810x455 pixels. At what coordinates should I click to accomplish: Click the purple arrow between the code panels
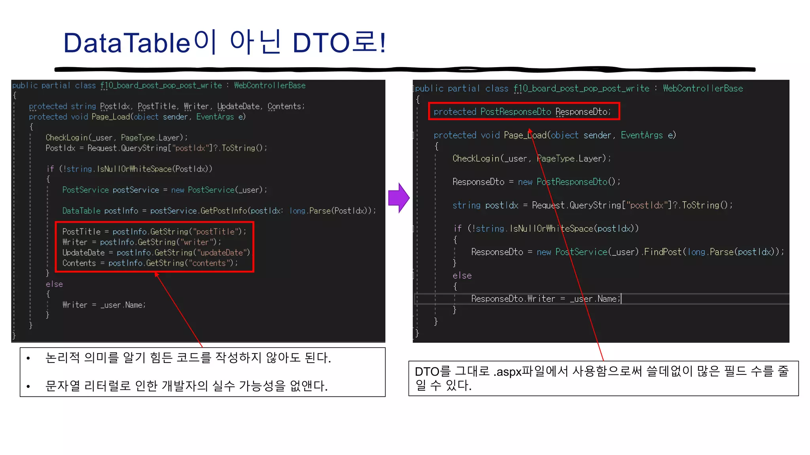coord(398,197)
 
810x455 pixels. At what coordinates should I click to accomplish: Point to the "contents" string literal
coord(209,263)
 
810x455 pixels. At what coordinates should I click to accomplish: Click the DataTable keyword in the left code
coord(81,211)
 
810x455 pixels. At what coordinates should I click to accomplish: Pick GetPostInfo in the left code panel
coord(223,211)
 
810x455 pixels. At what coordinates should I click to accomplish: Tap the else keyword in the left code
coord(54,284)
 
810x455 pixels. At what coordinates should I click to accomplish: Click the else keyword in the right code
coord(462,275)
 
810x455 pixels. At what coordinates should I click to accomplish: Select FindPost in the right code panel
coord(663,252)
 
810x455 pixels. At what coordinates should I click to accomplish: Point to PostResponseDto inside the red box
coord(515,112)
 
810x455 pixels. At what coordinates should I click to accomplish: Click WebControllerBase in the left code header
coord(269,85)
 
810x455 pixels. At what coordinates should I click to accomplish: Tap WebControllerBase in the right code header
coord(703,88)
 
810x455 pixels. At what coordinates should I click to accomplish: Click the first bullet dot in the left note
coord(28,358)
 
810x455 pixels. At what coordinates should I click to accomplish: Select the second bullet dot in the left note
coord(28,386)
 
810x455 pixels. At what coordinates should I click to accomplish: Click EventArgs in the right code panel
coord(642,135)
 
